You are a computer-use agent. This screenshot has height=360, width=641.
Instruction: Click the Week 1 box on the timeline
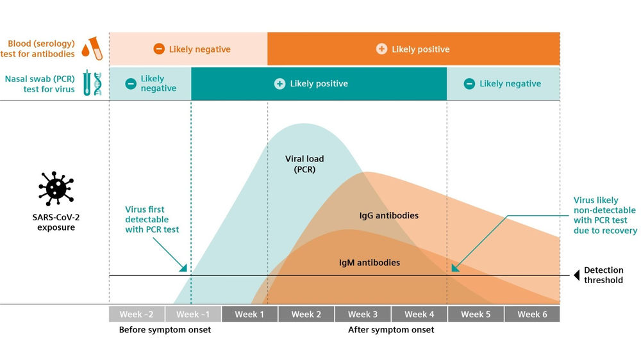pyautogui.click(x=250, y=315)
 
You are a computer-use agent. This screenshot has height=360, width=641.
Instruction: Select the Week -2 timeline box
pyautogui.click(x=137, y=315)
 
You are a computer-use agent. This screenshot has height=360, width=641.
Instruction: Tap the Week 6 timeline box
pyautogui.click(x=532, y=315)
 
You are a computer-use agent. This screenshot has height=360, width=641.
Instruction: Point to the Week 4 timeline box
pyautogui.click(x=419, y=315)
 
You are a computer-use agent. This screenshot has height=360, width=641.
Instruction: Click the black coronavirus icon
pyautogui.click(x=56, y=188)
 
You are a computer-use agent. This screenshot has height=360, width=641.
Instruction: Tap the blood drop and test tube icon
pyautogui.click(x=92, y=48)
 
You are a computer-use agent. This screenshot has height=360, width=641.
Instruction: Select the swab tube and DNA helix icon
pyautogui.click(x=92, y=83)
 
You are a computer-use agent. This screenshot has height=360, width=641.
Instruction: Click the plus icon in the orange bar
pyautogui.click(x=381, y=49)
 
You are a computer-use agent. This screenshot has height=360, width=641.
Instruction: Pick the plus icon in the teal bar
pyautogui.click(x=279, y=84)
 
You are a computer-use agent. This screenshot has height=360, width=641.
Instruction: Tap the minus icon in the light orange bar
pyautogui.click(x=159, y=49)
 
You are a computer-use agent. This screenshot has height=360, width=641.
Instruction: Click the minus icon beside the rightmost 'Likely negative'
pyautogui.click(x=469, y=84)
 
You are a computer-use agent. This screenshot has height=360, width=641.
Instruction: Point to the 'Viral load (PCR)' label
pyautogui.click(x=304, y=164)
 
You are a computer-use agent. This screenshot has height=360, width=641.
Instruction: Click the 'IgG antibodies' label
pyautogui.click(x=389, y=215)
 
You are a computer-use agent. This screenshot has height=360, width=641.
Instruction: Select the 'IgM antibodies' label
pyautogui.click(x=369, y=263)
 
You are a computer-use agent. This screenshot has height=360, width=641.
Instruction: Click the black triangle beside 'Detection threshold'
pyautogui.click(x=577, y=275)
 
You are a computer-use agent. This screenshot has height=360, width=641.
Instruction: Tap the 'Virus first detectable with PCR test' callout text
pyautogui.click(x=152, y=220)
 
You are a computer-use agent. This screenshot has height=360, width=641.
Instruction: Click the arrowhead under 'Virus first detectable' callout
pyautogui.click(x=183, y=268)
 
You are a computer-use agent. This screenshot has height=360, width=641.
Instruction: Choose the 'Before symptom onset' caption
pyautogui.click(x=165, y=330)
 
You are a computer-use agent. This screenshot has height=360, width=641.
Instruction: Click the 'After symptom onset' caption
pyautogui.click(x=391, y=330)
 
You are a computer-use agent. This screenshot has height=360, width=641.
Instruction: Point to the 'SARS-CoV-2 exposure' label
pyautogui.click(x=56, y=222)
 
